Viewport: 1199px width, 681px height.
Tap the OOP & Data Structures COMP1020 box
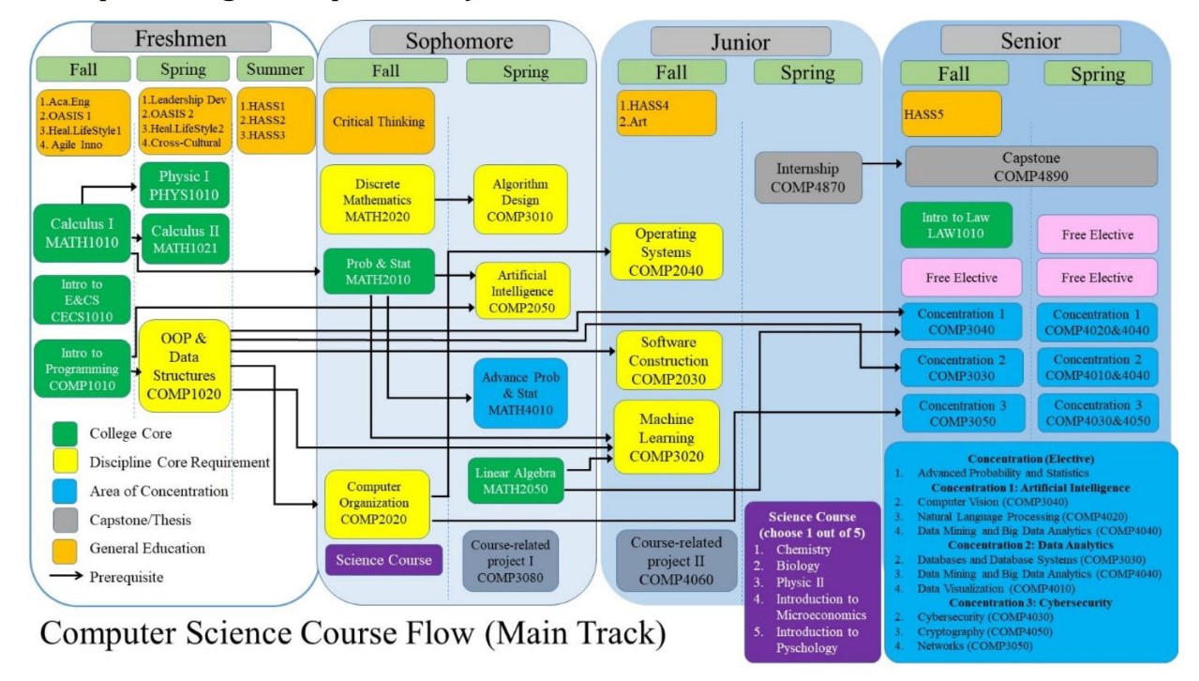tap(184, 365)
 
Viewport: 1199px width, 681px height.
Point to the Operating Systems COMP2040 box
tap(667, 251)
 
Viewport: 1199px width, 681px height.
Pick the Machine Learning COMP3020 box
tap(667, 437)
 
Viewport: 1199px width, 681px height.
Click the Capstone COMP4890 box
tap(1031, 166)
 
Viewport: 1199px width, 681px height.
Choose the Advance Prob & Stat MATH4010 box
tap(520, 394)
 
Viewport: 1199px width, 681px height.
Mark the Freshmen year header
tap(181, 38)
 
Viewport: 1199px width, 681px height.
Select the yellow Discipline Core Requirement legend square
tap(64, 462)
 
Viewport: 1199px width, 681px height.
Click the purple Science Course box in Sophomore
tap(383, 560)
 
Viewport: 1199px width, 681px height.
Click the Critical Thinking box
tap(378, 121)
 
